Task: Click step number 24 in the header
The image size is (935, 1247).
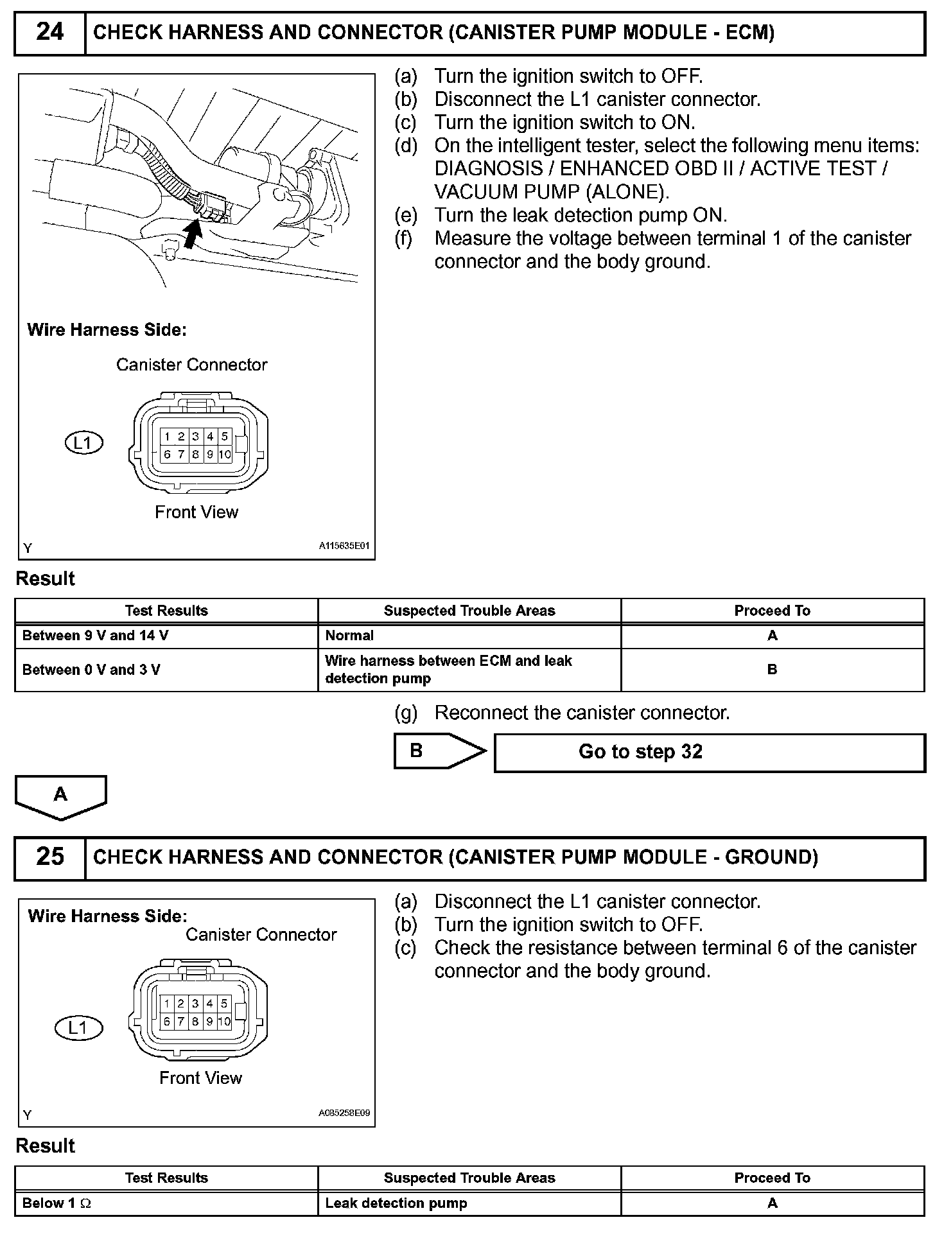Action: [49, 32]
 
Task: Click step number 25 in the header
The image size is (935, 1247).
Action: [49, 857]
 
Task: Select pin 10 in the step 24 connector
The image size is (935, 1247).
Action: [224, 455]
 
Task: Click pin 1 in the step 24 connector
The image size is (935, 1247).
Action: [167, 437]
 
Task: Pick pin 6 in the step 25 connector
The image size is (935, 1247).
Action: [167, 1021]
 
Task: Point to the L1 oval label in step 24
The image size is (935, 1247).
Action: [83, 442]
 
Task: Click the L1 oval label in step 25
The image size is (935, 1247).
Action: [78, 1027]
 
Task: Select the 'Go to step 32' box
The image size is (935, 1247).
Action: [709, 752]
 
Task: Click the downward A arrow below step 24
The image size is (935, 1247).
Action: [60, 797]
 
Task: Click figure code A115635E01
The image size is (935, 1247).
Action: [344, 546]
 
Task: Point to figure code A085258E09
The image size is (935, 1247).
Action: [344, 1113]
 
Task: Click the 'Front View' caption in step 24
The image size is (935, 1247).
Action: [197, 512]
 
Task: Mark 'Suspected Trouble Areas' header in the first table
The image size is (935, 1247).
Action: [469, 611]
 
